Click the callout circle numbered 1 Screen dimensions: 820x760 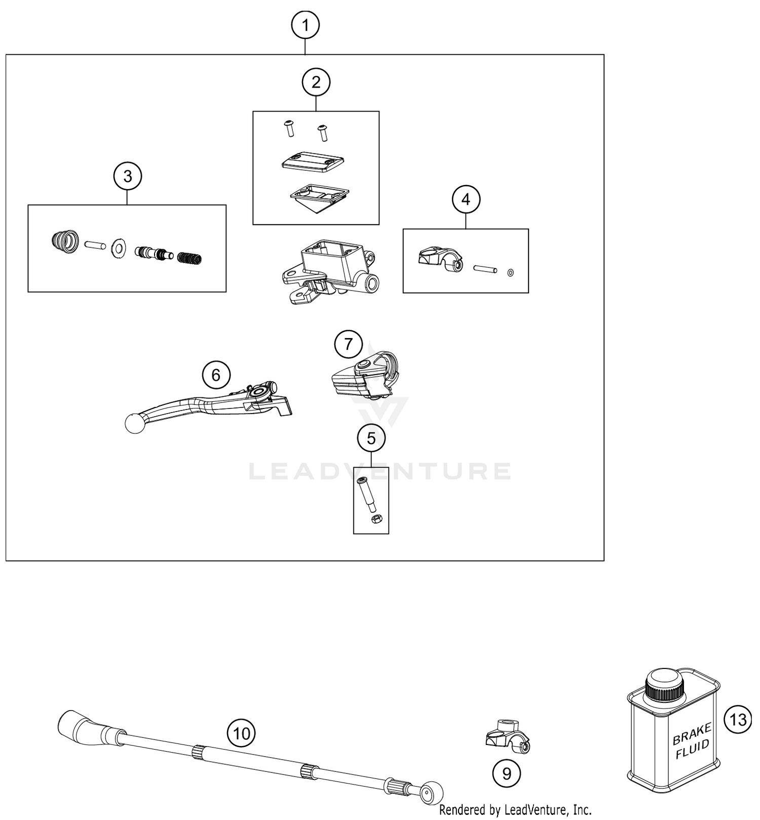[305, 25]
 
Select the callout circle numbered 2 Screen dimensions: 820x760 [316, 82]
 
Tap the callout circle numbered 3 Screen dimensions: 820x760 [127, 176]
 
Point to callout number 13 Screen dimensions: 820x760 [738, 719]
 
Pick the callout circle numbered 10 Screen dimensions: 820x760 [242, 733]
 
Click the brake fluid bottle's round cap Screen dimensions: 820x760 [665, 683]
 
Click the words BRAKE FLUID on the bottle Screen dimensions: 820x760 [692, 741]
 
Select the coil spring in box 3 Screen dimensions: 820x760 [189, 258]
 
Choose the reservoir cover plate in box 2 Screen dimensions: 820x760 [313, 161]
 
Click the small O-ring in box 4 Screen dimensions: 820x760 [510, 273]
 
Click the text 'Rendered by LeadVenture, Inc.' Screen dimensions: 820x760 [515, 810]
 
